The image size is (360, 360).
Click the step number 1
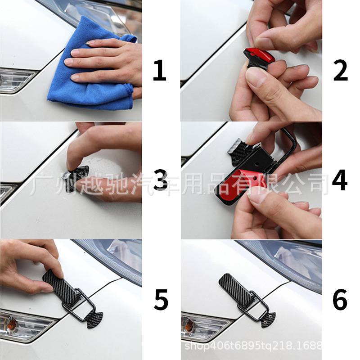pos(160,70)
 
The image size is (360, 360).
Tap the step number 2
pos(341,70)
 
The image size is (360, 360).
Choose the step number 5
pos(161,299)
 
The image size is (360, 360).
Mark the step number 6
pos(340,299)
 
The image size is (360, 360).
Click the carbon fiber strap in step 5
pos(61,287)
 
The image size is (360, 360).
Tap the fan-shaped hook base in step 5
pos(94,319)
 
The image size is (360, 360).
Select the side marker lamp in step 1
pos(16,81)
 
